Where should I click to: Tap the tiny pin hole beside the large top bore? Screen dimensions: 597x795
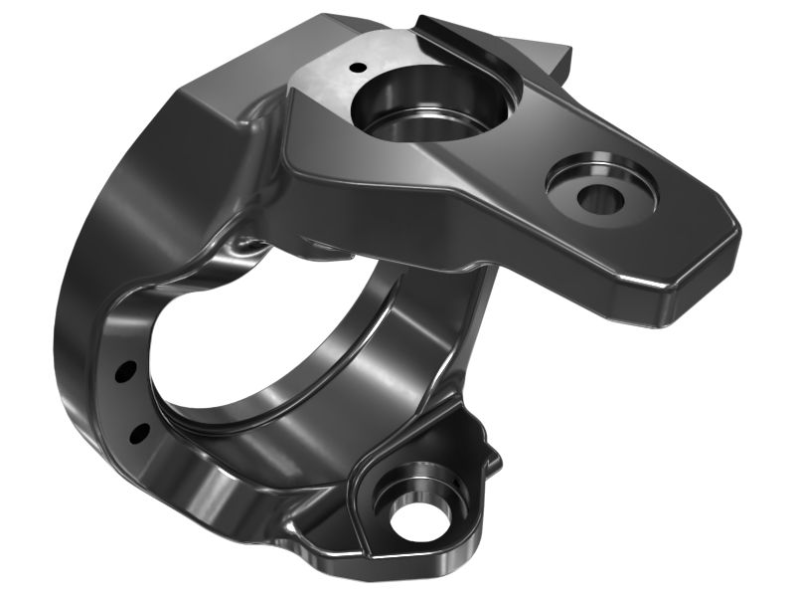(355, 68)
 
